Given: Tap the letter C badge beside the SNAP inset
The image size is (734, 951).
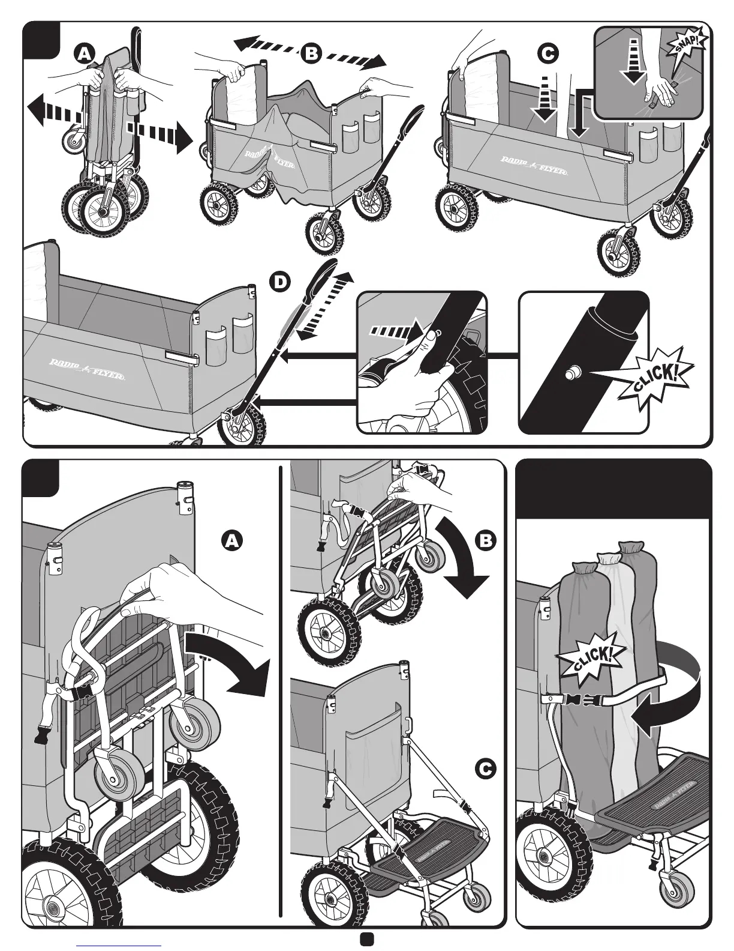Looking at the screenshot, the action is pyautogui.click(x=547, y=53).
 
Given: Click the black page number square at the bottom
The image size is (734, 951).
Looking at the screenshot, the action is pyautogui.click(x=367, y=939).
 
